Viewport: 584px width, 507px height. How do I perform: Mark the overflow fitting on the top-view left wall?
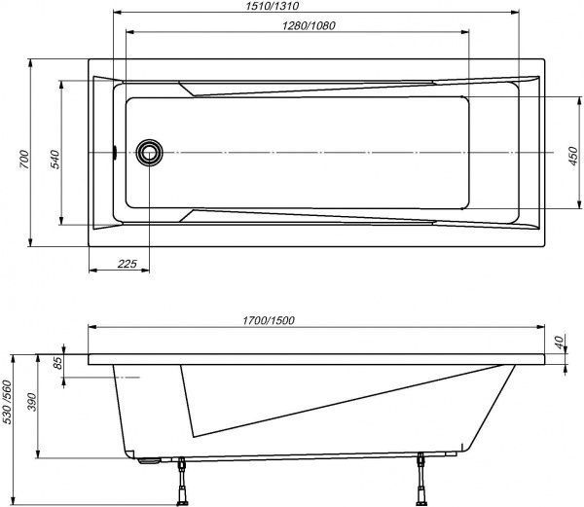point(115,153)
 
